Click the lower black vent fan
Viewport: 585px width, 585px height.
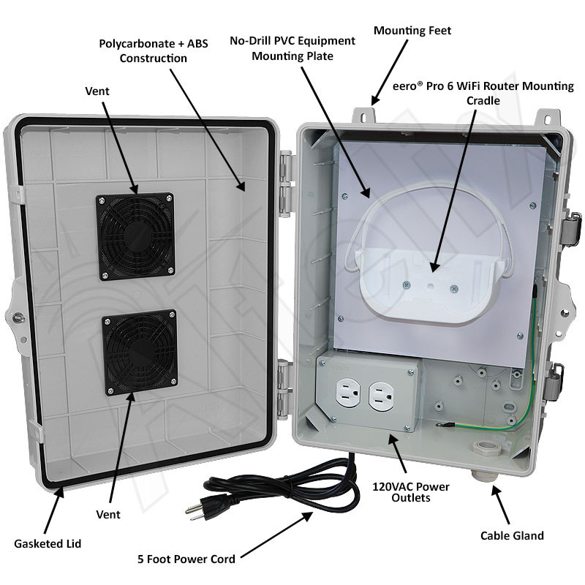tap(140, 352)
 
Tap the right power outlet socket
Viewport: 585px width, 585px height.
tap(381, 396)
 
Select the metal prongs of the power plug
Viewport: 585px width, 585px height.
tap(194, 512)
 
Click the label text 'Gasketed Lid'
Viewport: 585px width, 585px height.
tap(48, 543)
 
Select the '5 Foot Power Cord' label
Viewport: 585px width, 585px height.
tap(186, 559)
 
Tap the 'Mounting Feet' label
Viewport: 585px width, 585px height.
tap(412, 30)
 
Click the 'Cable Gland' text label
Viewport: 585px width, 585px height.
tap(512, 535)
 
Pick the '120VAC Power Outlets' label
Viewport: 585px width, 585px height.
tap(411, 491)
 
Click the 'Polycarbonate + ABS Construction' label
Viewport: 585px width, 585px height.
tap(154, 50)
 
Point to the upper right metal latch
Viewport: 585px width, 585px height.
tap(573, 229)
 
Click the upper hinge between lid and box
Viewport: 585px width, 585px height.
tap(286, 183)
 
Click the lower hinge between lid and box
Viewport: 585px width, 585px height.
tap(286, 389)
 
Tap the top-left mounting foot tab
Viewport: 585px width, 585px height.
tap(363, 116)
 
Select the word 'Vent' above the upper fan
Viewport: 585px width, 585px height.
tap(97, 91)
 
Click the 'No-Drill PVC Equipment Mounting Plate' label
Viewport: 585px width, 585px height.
tap(292, 48)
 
